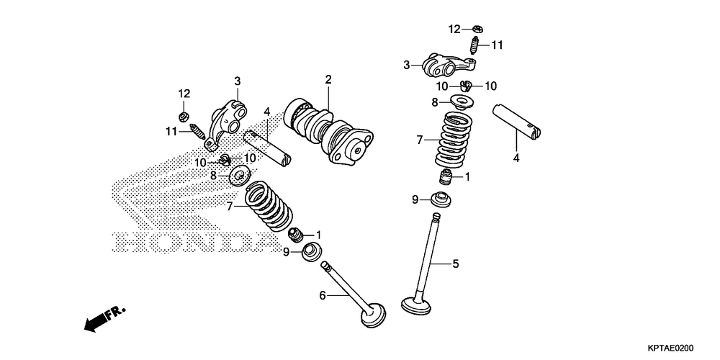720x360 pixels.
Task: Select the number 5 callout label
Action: pos(455,264)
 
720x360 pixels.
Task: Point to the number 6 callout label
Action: pos(323,294)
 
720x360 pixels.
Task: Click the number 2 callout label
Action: pos(328,78)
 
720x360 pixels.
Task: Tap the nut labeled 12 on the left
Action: pos(184,114)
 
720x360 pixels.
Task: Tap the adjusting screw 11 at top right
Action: pos(475,46)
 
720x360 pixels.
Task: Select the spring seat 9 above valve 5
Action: pos(440,199)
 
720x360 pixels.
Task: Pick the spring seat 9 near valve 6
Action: pos(311,252)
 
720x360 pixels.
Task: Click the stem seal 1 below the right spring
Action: pos(448,176)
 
